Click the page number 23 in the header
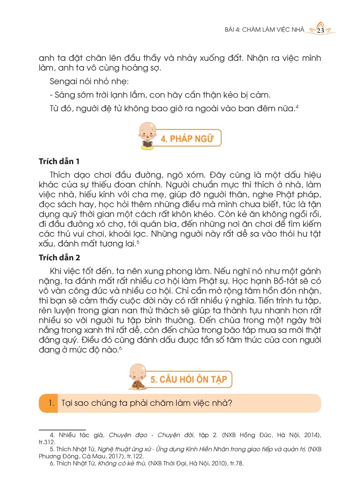[320, 31]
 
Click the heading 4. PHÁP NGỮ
[187, 139]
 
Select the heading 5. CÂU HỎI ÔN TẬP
[188, 380]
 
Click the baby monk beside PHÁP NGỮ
[147, 136]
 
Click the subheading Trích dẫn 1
[59, 161]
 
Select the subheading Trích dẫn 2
[59, 258]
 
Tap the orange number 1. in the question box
[51, 403]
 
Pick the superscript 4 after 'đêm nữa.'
[297, 106]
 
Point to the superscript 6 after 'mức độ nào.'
[120, 348]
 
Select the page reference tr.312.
[47, 442]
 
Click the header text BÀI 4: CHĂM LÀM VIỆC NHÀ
[264, 30]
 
